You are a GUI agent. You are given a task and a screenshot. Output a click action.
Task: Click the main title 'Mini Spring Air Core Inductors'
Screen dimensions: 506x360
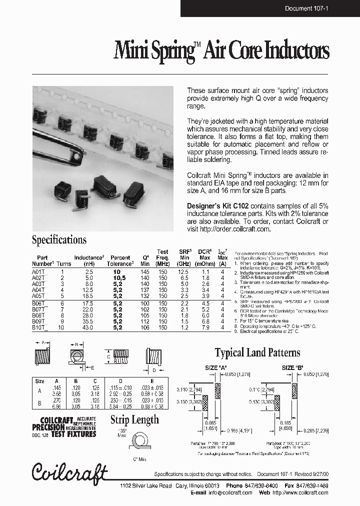[x=221, y=51]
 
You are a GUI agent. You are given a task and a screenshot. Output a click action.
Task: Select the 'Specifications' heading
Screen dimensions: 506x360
[x=59, y=240]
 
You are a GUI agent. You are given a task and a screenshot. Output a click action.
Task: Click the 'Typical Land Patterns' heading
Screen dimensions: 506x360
[x=257, y=353]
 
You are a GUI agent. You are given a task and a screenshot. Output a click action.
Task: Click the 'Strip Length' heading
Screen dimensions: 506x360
[x=134, y=420]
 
